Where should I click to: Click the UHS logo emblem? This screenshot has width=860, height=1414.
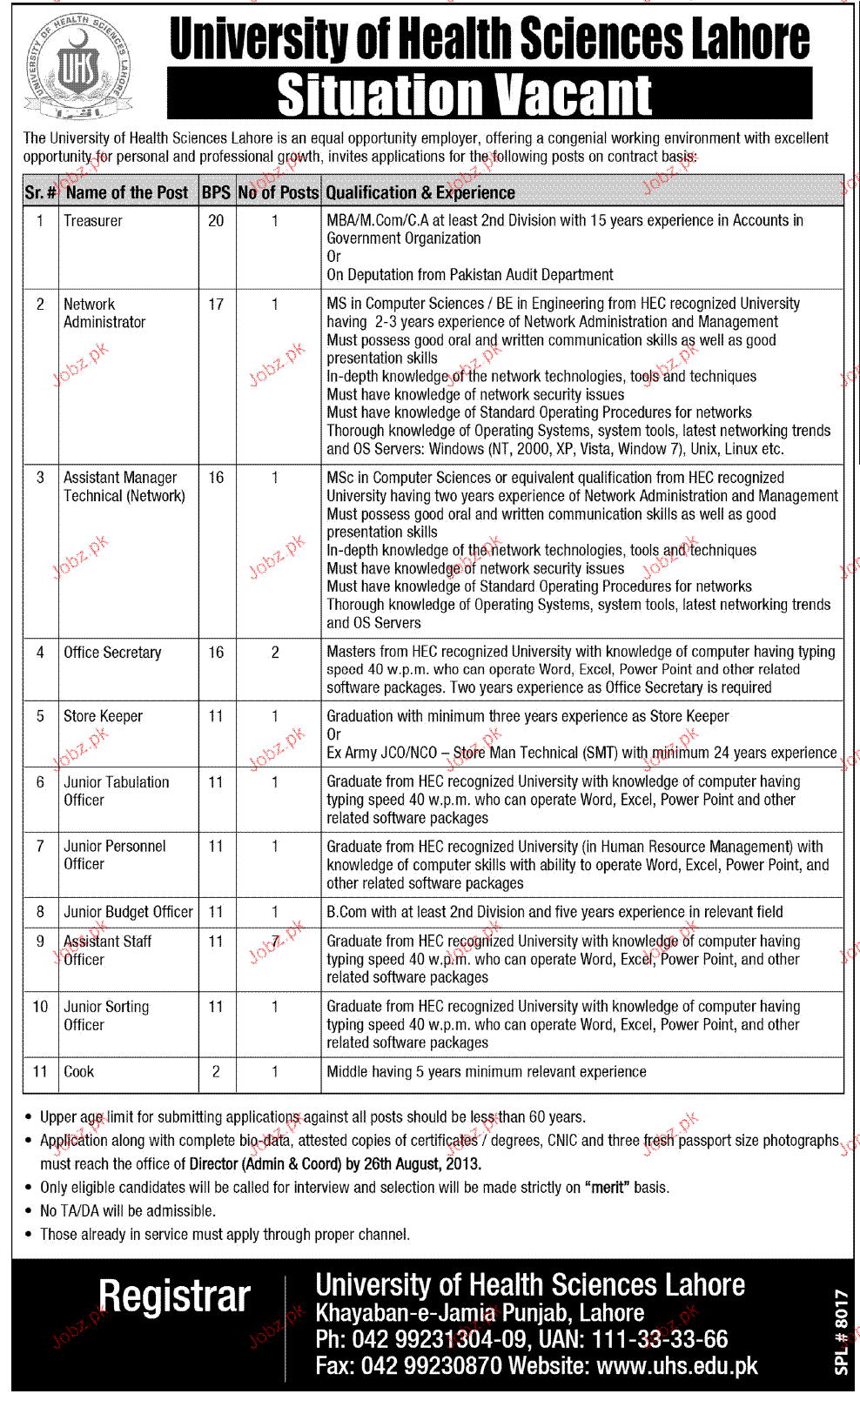click(x=78, y=67)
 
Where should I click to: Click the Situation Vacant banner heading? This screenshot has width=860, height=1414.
click(x=465, y=95)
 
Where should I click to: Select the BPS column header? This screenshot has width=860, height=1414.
click(x=216, y=193)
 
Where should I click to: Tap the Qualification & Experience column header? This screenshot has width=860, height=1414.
click(x=420, y=193)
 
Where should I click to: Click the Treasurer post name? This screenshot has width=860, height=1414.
click(x=93, y=221)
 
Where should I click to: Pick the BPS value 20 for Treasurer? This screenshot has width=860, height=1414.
click(x=216, y=221)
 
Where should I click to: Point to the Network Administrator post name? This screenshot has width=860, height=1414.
click(x=104, y=313)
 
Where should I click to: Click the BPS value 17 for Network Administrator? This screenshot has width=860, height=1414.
click(x=216, y=305)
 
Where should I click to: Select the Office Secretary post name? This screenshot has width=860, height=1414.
click(x=112, y=653)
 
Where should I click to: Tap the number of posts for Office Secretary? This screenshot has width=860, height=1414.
click(x=275, y=653)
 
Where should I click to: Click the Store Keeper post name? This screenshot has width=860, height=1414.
click(x=103, y=716)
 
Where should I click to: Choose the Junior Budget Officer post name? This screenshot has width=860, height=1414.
click(x=128, y=912)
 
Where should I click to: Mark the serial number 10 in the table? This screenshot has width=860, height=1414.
click(x=40, y=1007)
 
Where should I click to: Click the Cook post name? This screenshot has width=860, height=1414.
click(x=79, y=1072)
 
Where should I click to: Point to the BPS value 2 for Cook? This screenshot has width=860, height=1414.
click(x=216, y=1072)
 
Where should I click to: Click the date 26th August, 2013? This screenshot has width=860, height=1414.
click(x=422, y=1164)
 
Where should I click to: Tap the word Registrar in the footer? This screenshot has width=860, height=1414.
click(x=174, y=1297)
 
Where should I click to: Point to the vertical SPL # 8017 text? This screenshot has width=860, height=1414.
click(x=841, y=1331)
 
